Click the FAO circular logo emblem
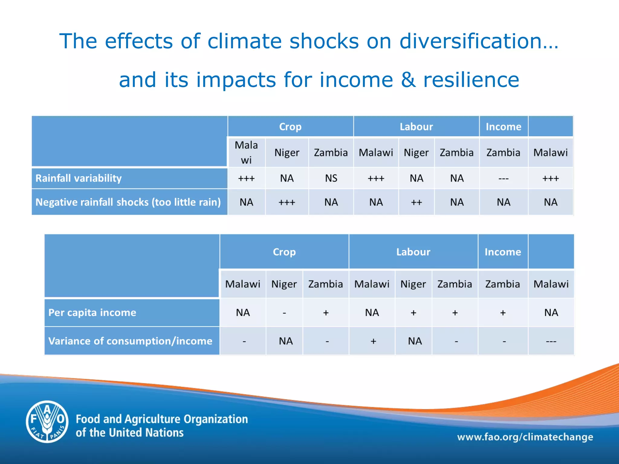[x=47, y=422]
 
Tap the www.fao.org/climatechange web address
[x=525, y=437]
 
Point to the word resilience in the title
[x=471, y=80]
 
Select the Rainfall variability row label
[x=79, y=178]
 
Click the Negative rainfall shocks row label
[x=128, y=202]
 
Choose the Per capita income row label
[x=92, y=312]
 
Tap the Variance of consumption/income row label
[x=130, y=341]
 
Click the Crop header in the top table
[x=290, y=127]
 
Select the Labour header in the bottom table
[x=413, y=252]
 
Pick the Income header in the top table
[x=503, y=127]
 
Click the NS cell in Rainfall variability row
[x=331, y=178]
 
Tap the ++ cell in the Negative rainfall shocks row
[x=416, y=202]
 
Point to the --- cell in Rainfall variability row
[x=503, y=179]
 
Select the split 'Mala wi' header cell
[x=246, y=153]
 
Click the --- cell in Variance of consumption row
[x=551, y=341]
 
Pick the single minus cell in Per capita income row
[x=284, y=313]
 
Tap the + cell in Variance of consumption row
[x=373, y=341]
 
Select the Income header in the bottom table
[x=503, y=252]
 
